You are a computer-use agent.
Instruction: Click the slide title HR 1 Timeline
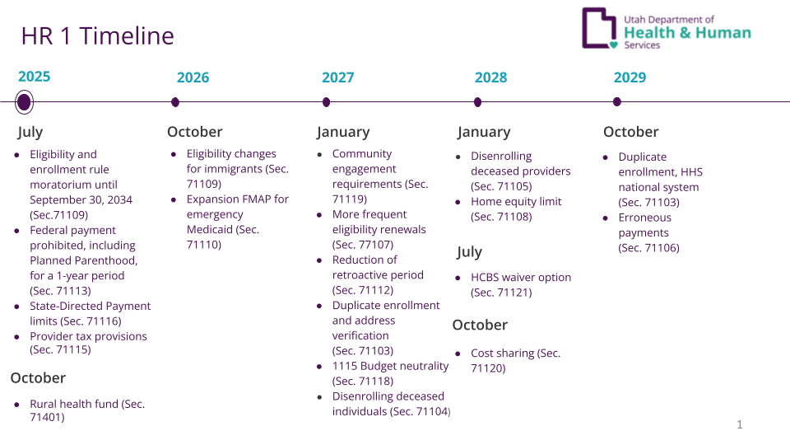97,36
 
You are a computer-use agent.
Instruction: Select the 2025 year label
34,77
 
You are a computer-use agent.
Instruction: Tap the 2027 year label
337,77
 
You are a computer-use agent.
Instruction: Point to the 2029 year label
630,77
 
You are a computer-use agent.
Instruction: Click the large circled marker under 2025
24,102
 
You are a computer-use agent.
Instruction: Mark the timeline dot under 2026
174,102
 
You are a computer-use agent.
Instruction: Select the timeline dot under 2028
477,102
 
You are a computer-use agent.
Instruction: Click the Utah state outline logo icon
599,28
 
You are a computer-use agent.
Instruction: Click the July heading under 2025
30,132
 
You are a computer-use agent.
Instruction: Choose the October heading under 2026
194,132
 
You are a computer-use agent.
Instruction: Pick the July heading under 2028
469,252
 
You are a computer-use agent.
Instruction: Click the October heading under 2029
630,132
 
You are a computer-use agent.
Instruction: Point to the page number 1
739,424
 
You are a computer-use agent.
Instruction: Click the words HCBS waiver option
521,278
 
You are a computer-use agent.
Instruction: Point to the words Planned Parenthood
83,260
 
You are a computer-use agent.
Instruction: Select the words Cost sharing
502,354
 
